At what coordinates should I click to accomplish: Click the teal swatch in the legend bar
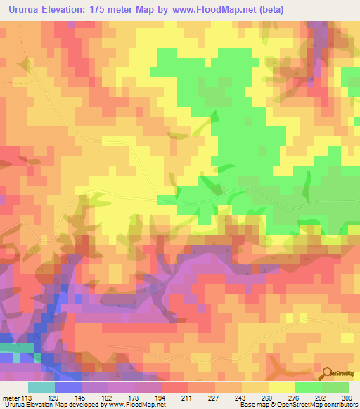tap(41, 387)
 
